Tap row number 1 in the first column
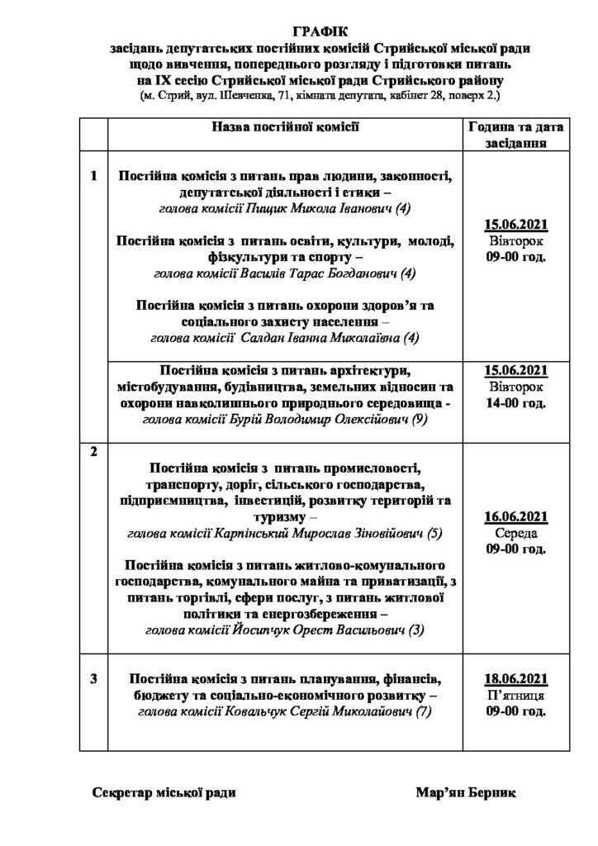[x=93, y=175]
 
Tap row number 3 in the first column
[x=93, y=679]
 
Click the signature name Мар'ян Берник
[x=466, y=793]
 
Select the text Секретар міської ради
[x=164, y=793]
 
